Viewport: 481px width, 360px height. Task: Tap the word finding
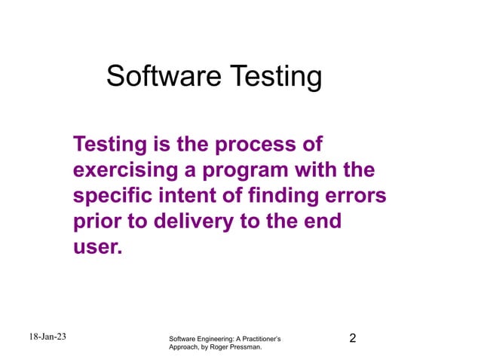click(x=290, y=196)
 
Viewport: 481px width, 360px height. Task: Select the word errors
click(x=358, y=196)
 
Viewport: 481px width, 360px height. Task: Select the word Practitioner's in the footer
click(x=264, y=340)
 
